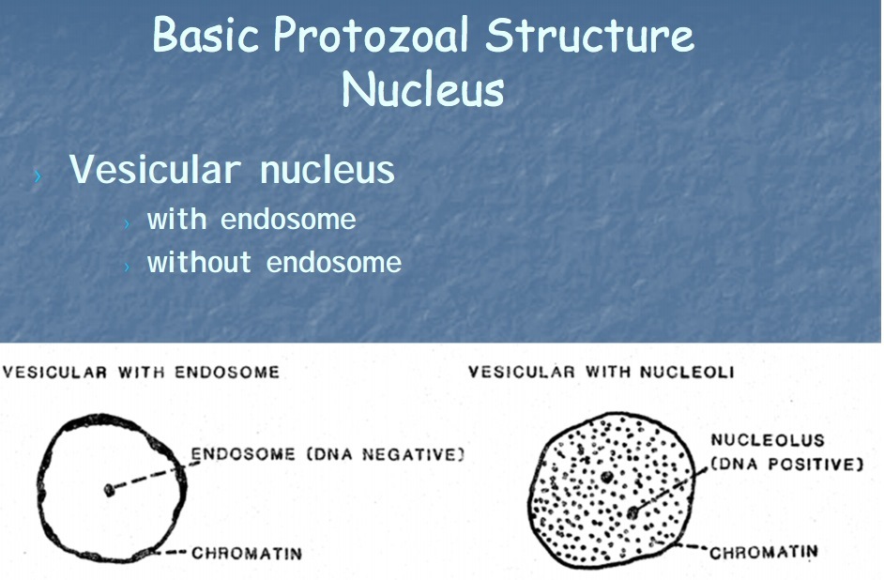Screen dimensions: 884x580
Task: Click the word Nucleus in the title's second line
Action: [422, 90]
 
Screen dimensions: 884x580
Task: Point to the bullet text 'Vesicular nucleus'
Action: [232, 171]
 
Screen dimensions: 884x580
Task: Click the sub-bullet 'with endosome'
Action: [251, 220]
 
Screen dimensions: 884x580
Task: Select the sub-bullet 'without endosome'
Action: [274, 262]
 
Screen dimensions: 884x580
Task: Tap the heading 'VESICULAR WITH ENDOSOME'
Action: [141, 372]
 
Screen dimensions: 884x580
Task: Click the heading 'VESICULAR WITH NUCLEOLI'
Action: [601, 372]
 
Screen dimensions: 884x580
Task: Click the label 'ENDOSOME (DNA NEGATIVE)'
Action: [328, 455]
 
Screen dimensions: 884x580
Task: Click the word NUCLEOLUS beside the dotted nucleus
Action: [754, 440]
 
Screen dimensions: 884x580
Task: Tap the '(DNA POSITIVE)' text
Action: [786, 464]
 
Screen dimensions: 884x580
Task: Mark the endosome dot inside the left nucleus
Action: [110, 489]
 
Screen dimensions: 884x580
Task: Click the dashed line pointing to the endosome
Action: [150, 474]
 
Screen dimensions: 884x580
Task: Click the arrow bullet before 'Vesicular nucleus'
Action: [38, 175]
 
